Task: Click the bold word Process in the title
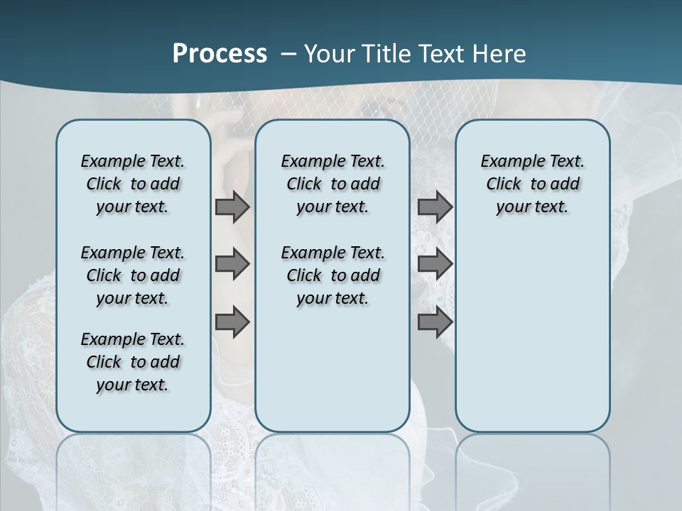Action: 220,53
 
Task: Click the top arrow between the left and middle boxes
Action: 232,207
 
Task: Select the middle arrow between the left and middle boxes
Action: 232,264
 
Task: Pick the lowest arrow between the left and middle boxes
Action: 232,322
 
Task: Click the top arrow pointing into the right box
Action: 435,207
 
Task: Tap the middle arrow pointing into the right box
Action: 435,264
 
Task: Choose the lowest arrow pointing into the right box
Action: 435,322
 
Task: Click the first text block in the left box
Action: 133,184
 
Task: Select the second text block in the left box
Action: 133,275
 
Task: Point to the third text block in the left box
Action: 133,362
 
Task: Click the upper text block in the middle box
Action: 333,184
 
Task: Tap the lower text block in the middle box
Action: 333,275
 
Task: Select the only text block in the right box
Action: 533,184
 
